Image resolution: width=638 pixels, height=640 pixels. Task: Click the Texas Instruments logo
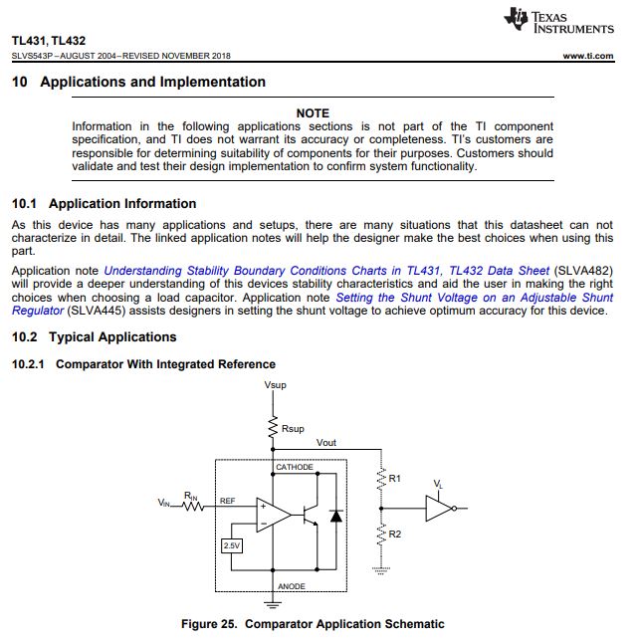pos(559,20)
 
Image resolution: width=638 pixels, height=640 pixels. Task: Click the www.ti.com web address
pos(587,56)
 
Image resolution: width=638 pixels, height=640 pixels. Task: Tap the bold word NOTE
pos(313,113)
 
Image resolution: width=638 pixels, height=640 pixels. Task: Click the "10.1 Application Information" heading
pos(104,204)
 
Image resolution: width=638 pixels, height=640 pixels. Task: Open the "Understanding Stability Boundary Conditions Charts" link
pos(325,270)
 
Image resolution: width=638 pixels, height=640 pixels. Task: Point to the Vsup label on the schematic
pos(275,384)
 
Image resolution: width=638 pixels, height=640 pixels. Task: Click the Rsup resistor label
pos(293,429)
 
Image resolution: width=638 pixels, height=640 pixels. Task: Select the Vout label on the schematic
pos(326,443)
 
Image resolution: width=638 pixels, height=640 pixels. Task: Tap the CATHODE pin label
pos(295,468)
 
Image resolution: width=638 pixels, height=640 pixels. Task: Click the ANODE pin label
pos(291,586)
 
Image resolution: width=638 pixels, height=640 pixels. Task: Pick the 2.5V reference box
pos(230,545)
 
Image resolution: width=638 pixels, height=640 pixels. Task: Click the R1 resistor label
pos(395,479)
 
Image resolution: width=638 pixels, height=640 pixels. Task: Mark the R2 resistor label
pos(395,534)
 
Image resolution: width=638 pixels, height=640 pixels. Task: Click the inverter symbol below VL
pos(439,509)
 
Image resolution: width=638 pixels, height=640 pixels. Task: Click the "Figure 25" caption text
pos(313,624)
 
